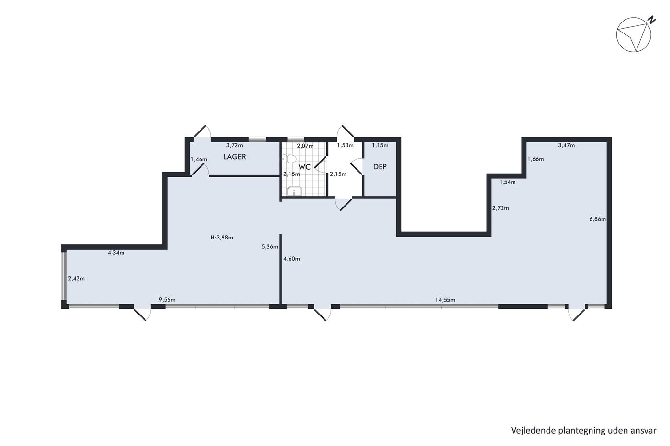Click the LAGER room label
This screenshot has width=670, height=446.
(234, 157)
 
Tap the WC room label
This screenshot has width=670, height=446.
(304, 167)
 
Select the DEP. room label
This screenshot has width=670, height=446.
(380, 167)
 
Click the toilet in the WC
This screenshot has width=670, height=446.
(289, 159)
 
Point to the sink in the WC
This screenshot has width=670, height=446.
(294, 192)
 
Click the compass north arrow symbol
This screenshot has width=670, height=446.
(634, 34)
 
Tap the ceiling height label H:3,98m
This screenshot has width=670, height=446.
(222, 238)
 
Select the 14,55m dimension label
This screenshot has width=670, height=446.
(445, 300)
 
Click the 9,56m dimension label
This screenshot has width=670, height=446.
(167, 300)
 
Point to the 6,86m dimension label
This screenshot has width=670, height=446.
(598, 219)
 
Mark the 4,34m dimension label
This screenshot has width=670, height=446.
(116, 253)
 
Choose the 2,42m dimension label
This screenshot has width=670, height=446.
(76, 278)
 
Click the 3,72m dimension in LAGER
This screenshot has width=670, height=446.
(234, 145)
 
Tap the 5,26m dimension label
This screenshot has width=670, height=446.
(270, 247)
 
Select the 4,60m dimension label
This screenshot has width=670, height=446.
(291, 259)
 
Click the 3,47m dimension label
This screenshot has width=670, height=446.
(567, 145)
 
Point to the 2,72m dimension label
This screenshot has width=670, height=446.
(501, 208)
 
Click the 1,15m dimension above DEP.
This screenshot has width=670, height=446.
(380, 145)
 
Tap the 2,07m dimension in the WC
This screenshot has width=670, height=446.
(305, 146)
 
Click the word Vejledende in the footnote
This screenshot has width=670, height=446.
(529, 431)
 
